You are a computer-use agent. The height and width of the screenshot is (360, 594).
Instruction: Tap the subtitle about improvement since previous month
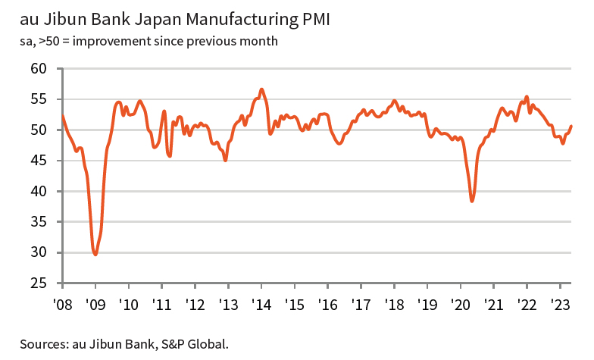coord(148,40)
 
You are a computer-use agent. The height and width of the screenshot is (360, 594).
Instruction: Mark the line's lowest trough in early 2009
coord(95,254)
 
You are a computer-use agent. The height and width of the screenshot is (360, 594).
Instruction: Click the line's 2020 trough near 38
coord(472,201)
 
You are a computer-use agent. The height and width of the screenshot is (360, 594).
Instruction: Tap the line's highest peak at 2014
coord(261,89)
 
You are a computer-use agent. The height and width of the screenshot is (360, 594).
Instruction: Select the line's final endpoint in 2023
coord(571,126)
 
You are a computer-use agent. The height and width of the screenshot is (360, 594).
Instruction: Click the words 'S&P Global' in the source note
coord(195,343)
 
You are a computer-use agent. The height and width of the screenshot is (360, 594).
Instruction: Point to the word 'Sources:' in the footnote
coord(43,343)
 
